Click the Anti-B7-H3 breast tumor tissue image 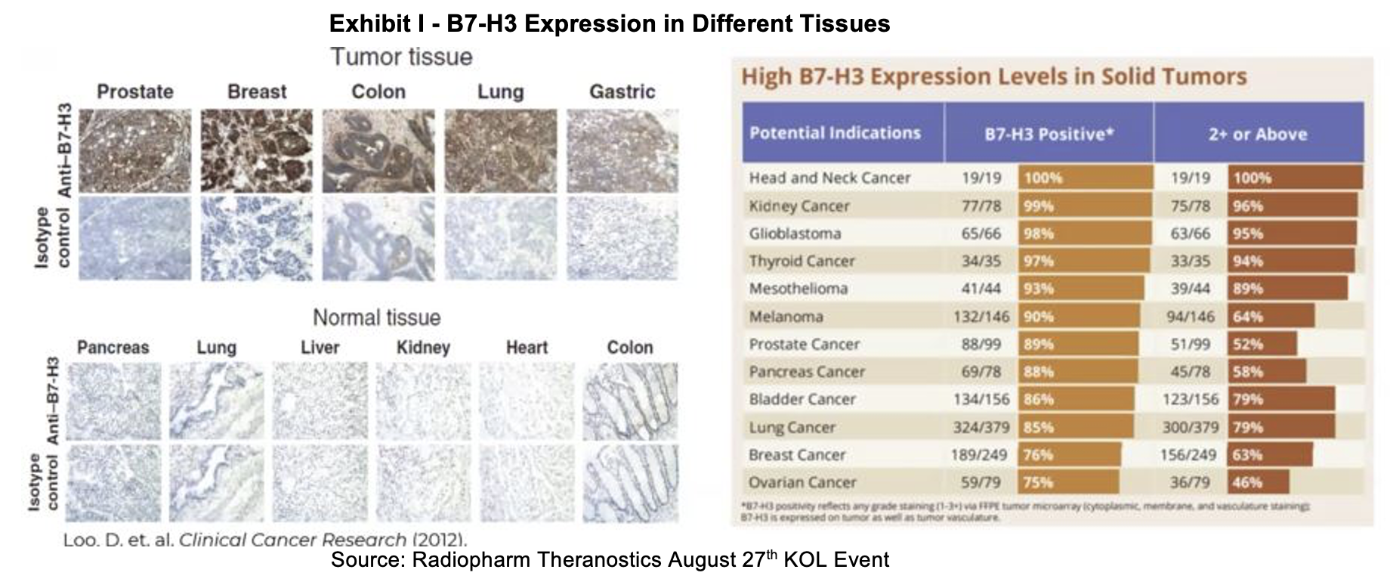tap(256, 150)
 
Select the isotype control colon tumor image tap(378, 239)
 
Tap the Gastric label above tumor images tap(622, 92)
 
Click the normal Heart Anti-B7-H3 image tap(527, 401)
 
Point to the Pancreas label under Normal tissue tap(113, 348)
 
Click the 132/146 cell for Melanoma tap(981, 317)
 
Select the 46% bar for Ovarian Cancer tap(1258, 482)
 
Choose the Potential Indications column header tap(835, 133)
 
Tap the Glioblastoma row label tap(795, 234)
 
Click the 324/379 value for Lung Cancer tap(981, 427)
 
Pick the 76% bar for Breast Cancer tap(1068, 455)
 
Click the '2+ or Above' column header tap(1257, 134)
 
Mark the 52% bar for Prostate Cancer tap(1262, 344)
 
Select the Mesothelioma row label tap(798, 289)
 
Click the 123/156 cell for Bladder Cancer tap(1190, 399)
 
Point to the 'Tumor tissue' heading tap(401, 57)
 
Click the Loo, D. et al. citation tap(265, 540)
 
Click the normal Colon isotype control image tap(630, 484)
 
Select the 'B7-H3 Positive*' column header tap(1049, 134)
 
